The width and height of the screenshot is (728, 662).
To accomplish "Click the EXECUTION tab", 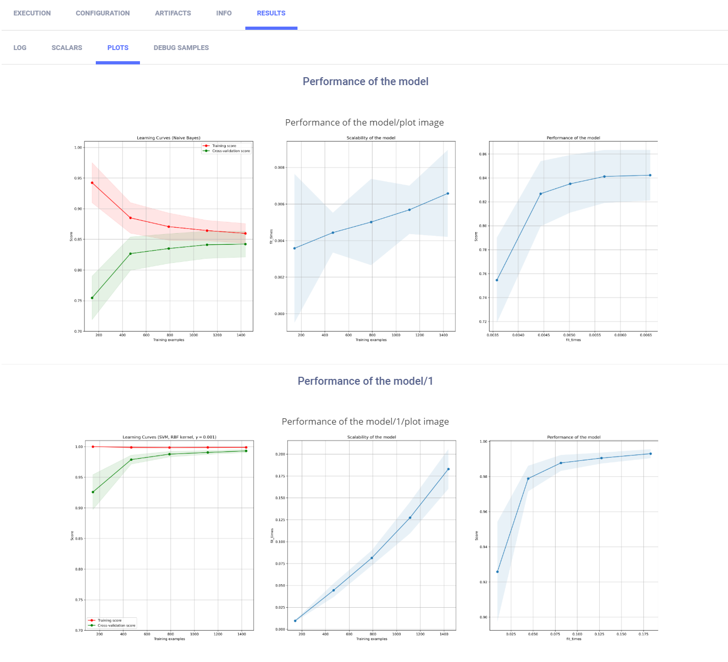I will coord(32,13).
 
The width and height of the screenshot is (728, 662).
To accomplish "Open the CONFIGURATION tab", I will coord(103,13).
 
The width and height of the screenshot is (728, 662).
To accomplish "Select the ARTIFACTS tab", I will coord(173,13).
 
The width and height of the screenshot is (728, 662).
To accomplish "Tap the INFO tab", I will coord(224,13).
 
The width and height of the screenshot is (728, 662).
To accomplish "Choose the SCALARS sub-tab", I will coord(67,48).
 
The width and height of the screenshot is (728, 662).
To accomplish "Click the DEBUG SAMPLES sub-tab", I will coord(181,48).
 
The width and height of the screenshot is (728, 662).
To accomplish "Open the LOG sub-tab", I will coord(20,48).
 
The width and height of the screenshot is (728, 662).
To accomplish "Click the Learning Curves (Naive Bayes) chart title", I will coord(169,138).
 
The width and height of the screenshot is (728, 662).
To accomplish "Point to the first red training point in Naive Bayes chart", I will coord(92,183).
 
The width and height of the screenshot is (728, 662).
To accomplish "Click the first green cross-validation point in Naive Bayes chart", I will coord(92,298).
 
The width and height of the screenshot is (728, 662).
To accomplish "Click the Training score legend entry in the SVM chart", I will coord(110,620).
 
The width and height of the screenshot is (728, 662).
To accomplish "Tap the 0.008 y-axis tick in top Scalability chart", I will coord(279,168).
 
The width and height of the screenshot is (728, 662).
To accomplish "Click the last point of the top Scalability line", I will coord(448,194).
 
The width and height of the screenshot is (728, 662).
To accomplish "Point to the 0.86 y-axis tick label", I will coord(483,154).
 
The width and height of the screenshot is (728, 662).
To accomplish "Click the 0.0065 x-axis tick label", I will coord(646,335).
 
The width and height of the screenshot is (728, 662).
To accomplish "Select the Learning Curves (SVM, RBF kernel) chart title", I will coord(169,437).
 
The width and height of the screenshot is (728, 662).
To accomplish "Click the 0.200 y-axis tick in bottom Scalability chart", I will coord(280,454).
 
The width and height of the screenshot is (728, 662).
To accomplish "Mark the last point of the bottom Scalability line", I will coord(449,469).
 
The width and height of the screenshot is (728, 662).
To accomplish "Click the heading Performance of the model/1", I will coord(365,381).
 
